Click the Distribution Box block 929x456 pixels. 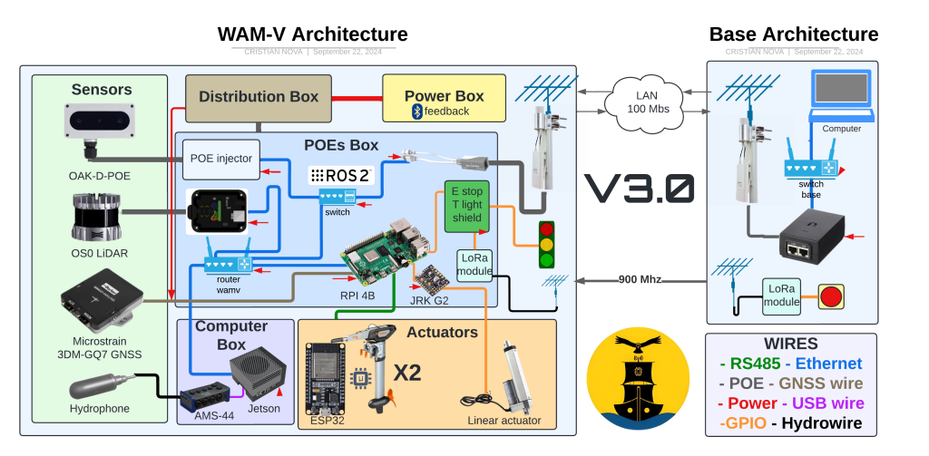(259, 97)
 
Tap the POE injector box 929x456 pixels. (221, 158)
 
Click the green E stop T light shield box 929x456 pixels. (467, 206)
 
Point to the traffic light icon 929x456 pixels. (546, 245)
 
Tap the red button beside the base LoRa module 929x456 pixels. (830, 296)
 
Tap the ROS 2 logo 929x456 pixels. (341, 175)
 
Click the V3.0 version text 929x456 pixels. (640, 189)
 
